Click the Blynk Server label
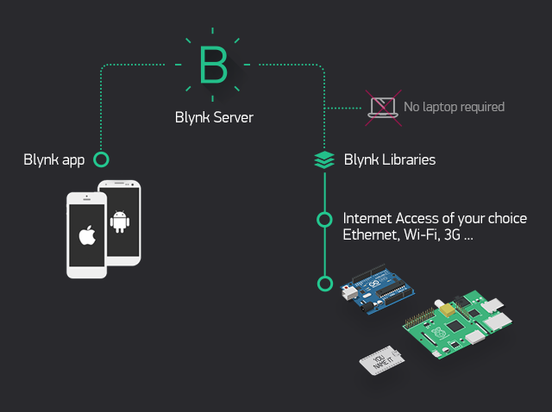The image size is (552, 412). pyautogui.click(x=214, y=117)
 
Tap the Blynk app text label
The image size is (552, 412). pyautogui.click(x=54, y=159)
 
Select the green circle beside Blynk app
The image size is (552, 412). pyautogui.click(x=101, y=159)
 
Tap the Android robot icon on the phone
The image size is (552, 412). pyautogui.click(x=119, y=222)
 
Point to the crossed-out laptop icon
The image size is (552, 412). pyautogui.click(x=381, y=107)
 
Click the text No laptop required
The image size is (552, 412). pyautogui.click(x=454, y=107)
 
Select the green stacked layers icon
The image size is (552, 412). pyautogui.click(x=324, y=159)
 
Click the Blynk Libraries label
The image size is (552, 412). pyautogui.click(x=389, y=159)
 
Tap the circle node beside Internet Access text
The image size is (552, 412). pyautogui.click(x=324, y=219)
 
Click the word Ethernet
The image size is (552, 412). pyautogui.click(x=370, y=235)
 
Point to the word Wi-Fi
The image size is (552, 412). pyautogui.click(x=420, y=235)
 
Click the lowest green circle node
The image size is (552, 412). pyautogui.click(x=324, y=283)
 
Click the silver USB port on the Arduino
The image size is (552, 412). pyautogui.click(x=349, y=294)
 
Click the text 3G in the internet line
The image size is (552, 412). pyautogui.click(x=451, y=235)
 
